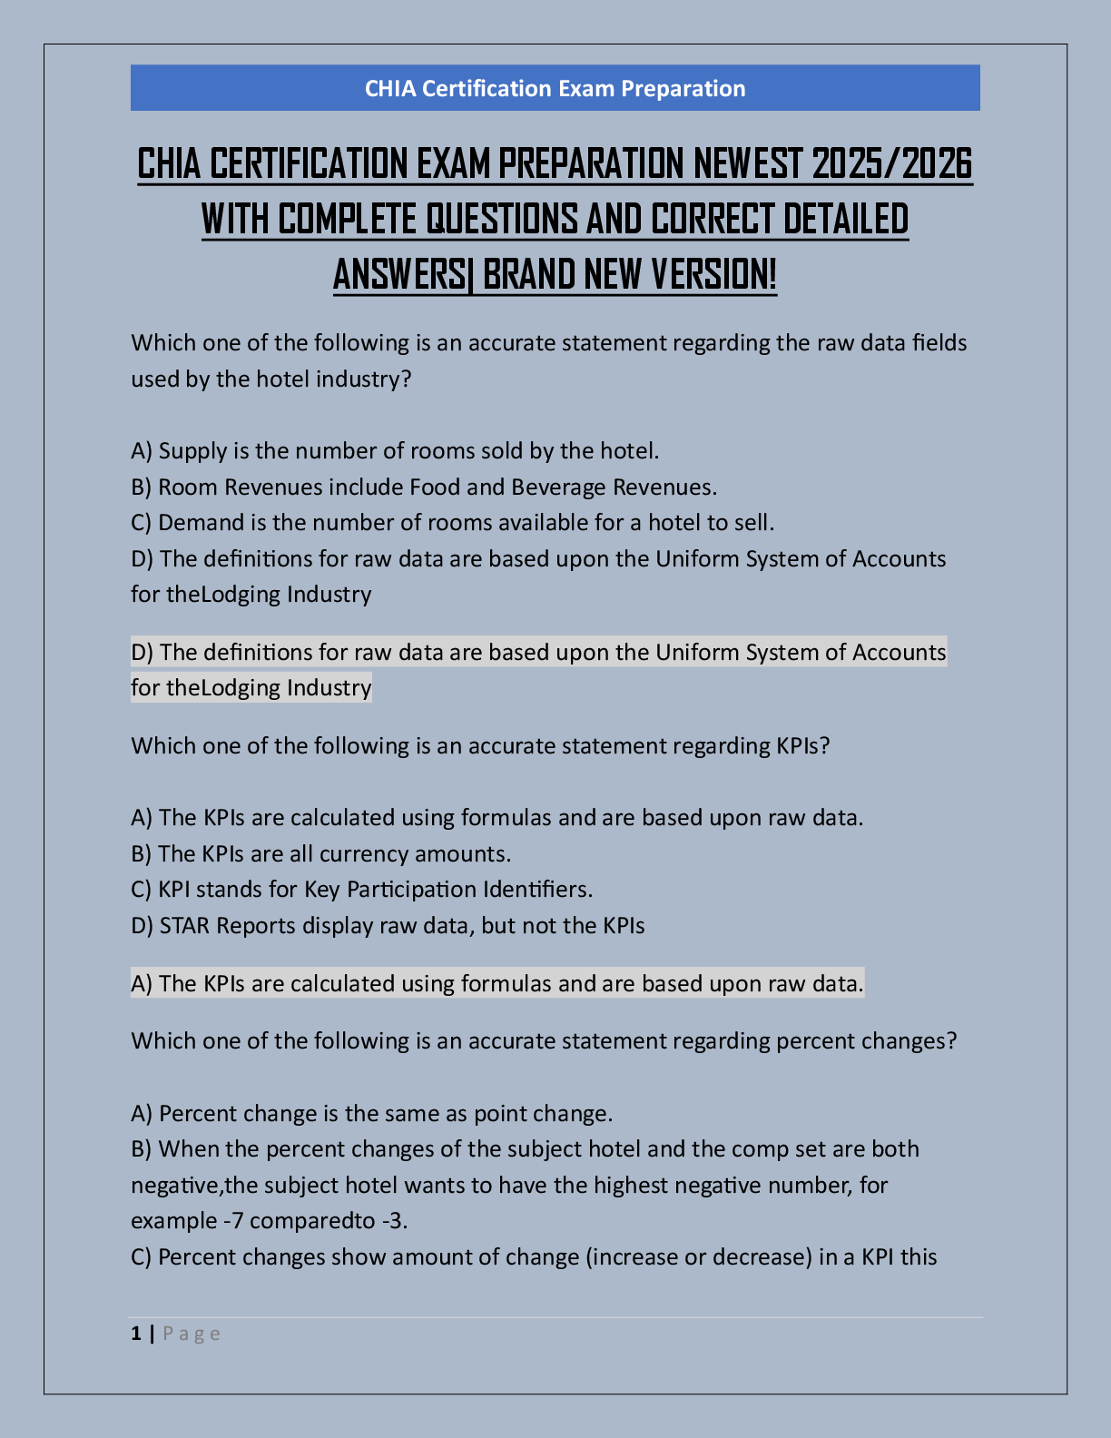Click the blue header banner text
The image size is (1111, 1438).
point(555,89)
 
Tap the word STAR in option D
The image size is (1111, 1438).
point(184,926)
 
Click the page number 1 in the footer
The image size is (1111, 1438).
point(136,1334)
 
